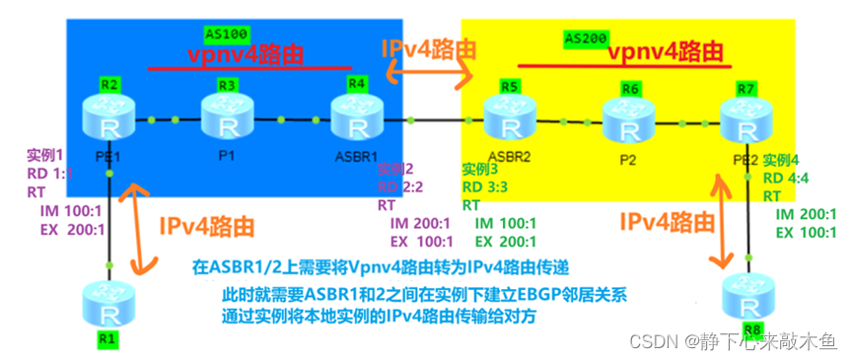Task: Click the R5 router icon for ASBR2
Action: point(510,122)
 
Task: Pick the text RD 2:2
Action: point(400,187)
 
